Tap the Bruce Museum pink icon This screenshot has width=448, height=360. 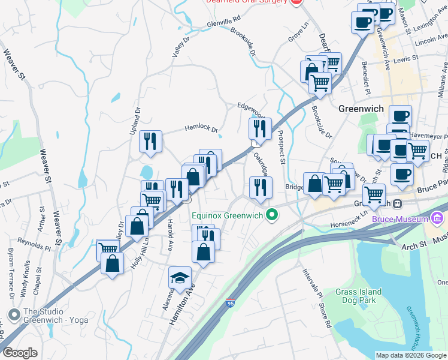click(438, 219)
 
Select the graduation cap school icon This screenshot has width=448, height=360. click(180, 278)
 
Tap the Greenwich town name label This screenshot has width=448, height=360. click(361, 109)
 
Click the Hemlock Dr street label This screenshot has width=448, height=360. click(201, 128)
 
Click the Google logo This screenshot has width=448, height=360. click(20, 353)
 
